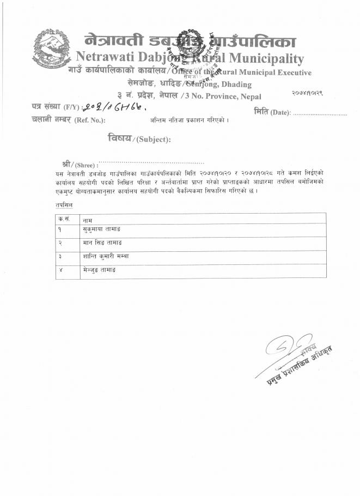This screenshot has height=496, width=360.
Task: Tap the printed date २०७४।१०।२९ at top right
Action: point(308,94)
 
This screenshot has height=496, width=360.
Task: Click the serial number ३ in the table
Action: point(60,256)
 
